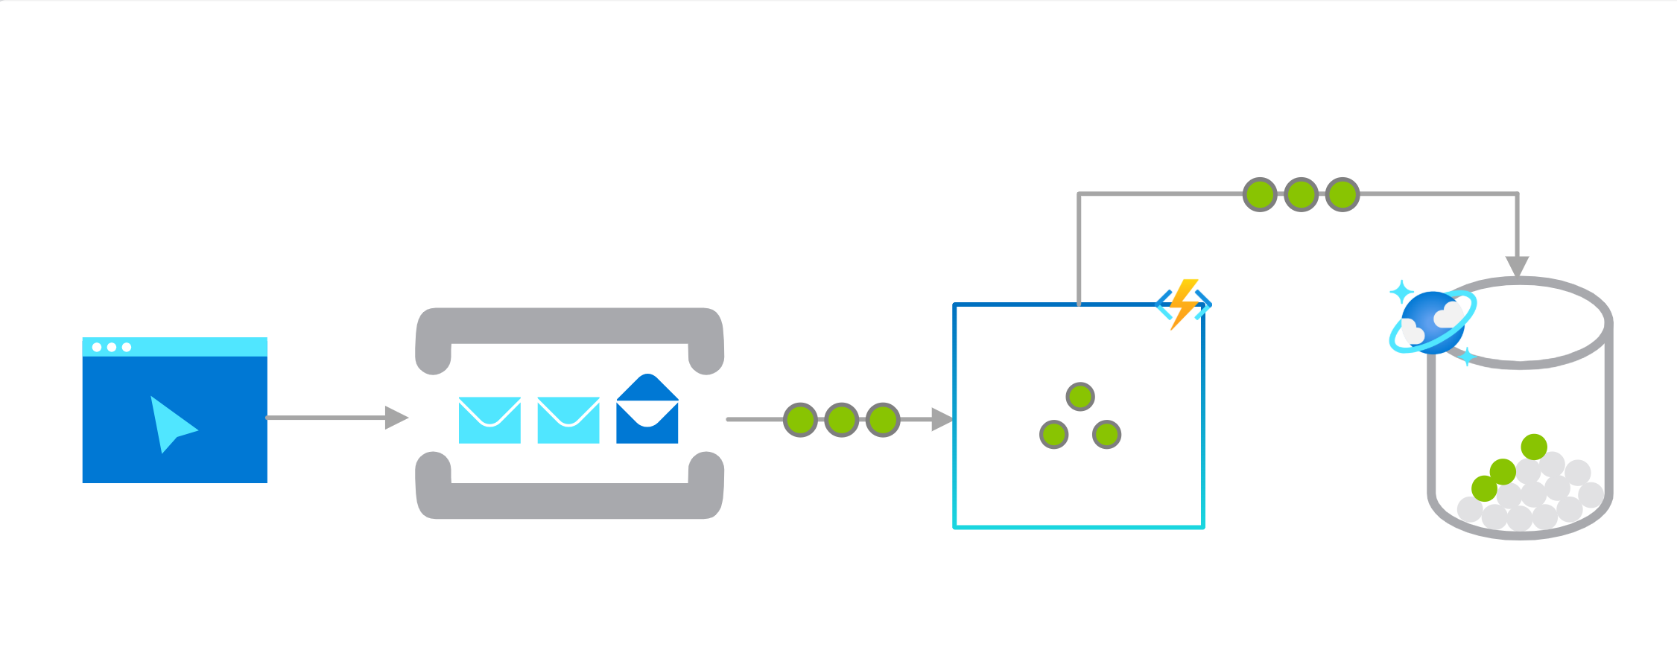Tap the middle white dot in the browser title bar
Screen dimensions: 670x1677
[x=112, y=347]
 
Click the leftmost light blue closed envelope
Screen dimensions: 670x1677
[x=489, y=420]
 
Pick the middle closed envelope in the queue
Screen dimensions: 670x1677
[x=568, y=420]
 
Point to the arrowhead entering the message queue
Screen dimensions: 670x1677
[x=396, y=418]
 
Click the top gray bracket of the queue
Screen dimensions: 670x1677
[x=569, y=326]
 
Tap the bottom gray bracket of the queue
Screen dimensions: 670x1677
[x=569, y=500]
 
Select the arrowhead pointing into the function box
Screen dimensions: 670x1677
[x=942, y=419]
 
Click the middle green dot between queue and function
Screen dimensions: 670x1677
[x=842, y=420]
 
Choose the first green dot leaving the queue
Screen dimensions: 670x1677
[x=801, y=420]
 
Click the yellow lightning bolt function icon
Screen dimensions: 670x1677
[x=1183, y=304]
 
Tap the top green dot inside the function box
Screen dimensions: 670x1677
[x=1080, y=396]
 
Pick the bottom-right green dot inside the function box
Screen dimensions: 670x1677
[x=1106, y=434]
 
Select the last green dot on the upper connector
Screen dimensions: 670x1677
[x=1342, y=194]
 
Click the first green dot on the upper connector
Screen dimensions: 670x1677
[x=1260, y=194]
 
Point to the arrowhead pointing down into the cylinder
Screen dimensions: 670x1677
[x=1517, y=266]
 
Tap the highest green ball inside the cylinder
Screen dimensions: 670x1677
[x=1534, y=447]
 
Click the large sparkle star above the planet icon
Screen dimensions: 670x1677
[x=1402, y=291]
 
